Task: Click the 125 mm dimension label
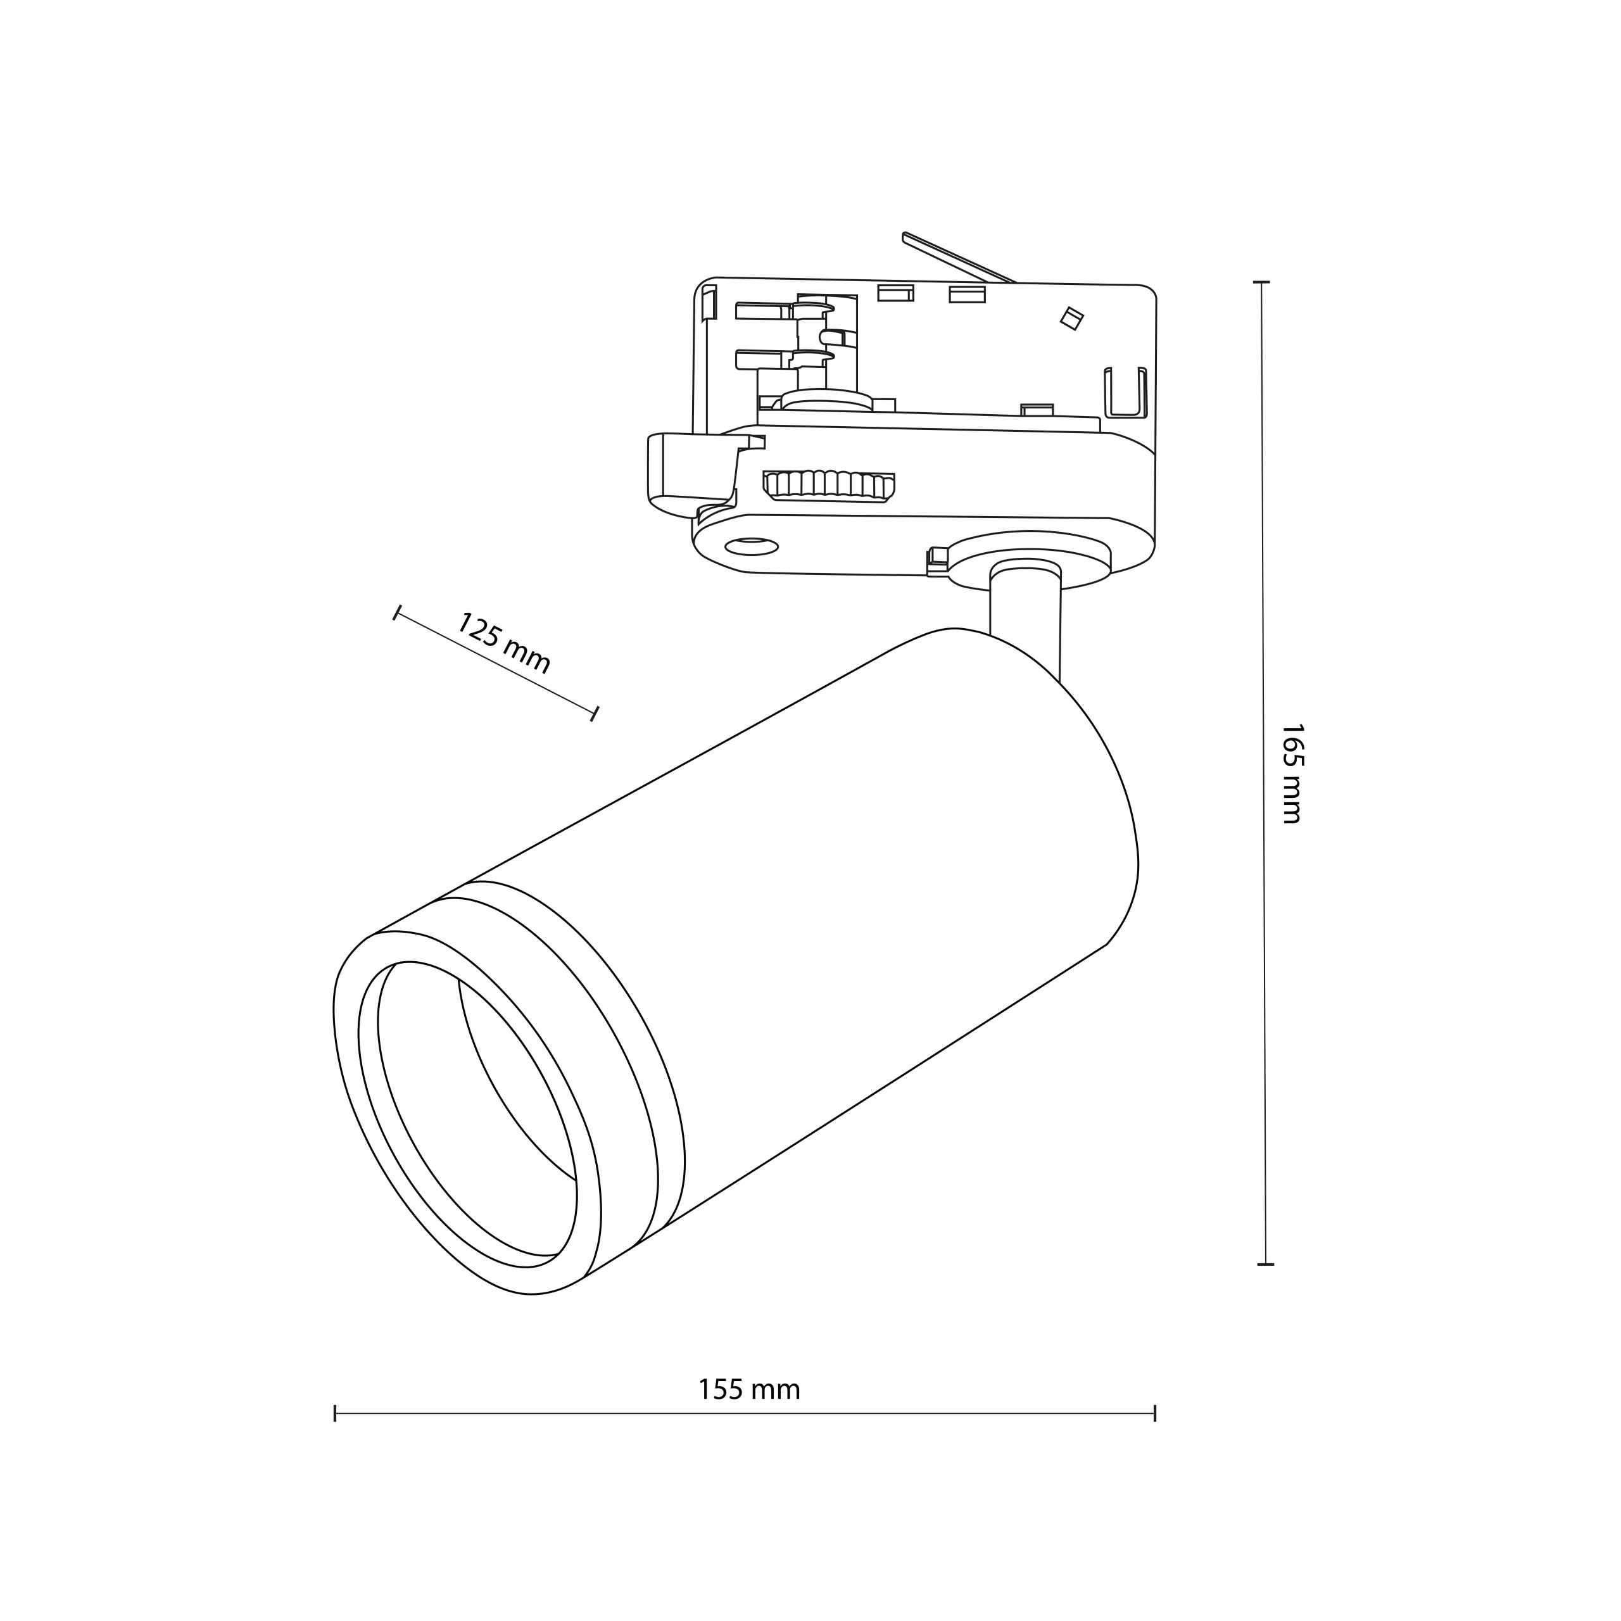click(x=503, y=643)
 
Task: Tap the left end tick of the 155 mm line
click(x=335, y=1414)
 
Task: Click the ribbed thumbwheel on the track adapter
click(x=829, y=486)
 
